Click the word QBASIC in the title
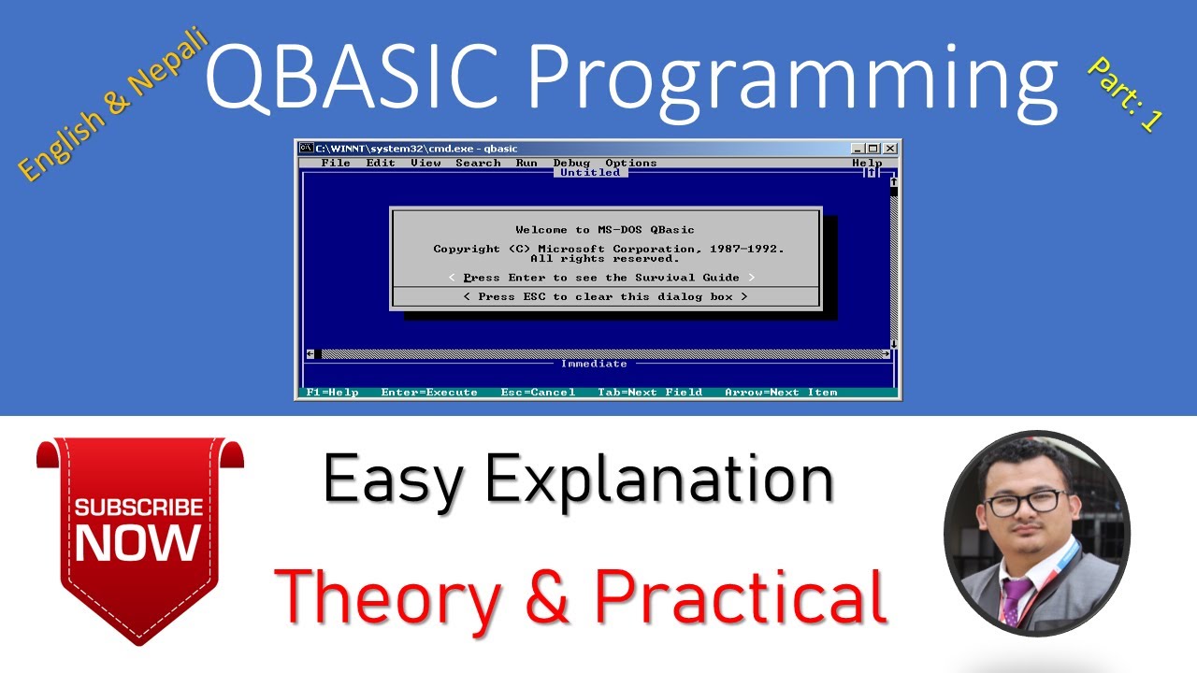[x=353, y=77]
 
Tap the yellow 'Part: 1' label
[x=1125, y=94]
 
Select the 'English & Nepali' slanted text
[x=112, y=103]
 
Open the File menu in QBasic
[x=336, y=163]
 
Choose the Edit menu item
[x=381, y=163]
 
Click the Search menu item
[x=478, y=163]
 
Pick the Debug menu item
[x=571, y=163]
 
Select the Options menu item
[x=631, y=163]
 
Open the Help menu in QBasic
[x=867, y=163]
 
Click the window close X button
[x=890, y=149]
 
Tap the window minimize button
[x=858, y=149]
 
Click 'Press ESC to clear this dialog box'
[x=605, y=297]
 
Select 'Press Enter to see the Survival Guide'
[x=601, y=278]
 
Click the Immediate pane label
[x=594, y=364]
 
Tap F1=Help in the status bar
[x=332, y=393]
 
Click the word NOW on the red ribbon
[x=138, y=542]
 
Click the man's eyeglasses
[x=1023, y=502]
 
